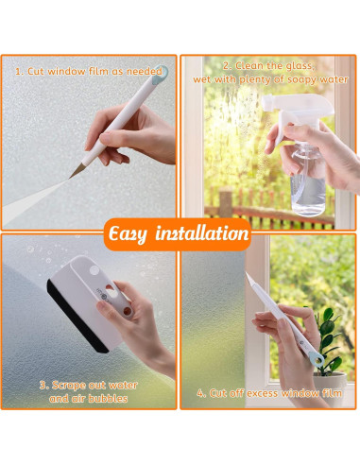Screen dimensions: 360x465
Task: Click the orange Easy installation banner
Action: (x=178, y=233)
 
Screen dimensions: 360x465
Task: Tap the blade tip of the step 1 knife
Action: (x=70, y=178)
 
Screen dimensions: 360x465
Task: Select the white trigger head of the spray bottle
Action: (x=297, y=108)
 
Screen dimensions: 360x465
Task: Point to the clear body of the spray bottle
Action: (x=307, y=182)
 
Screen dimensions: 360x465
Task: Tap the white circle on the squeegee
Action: (x=94, y=270)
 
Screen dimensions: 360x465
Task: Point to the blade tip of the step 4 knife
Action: (x=247, y=274)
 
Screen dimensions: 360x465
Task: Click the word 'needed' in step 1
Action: (x=145, y=72)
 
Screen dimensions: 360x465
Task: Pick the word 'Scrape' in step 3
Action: (x=68, y=386)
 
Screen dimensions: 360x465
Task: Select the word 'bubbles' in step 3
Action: (x=108, y=399)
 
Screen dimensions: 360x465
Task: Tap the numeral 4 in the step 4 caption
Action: (x=200, y=393)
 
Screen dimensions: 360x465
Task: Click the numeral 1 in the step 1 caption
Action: (x=19, y=72)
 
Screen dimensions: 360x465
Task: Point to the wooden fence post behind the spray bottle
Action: (x=225, y=201)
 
